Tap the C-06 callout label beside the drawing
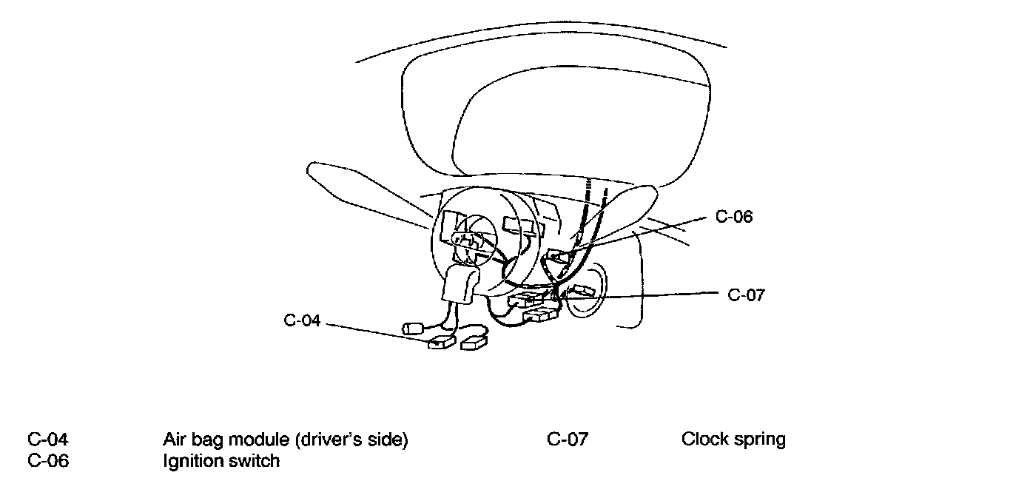tap(734, 217)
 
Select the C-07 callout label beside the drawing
tap(746, 295)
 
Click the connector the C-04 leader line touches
tap(441, 341)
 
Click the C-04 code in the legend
tap(48, 439)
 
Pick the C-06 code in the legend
tap(48, 460)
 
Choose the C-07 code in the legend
tap(568, 439)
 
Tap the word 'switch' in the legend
tap(254, 460)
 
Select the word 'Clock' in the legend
tap(704, 439)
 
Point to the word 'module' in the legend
tap(257, 439)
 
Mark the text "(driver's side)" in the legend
tap(351, 440)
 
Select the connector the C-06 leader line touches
tap(559, 258)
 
